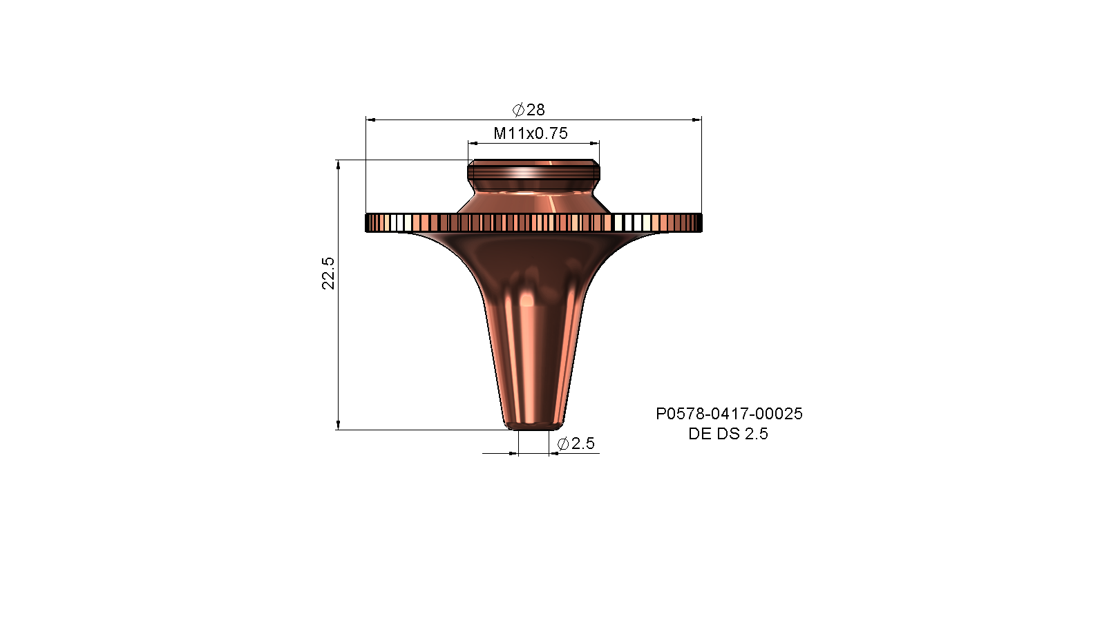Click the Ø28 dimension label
tap(529, 110)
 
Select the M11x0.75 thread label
tap(531, 133)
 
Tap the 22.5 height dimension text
tap(328, 273)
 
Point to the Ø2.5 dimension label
tap(576, 443)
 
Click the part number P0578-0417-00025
tap(729, 414)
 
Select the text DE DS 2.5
tap(728, 434)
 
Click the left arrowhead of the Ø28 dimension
tap(370, 120)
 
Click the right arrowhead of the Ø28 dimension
tap(697, 120)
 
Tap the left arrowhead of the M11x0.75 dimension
tap(473, 144)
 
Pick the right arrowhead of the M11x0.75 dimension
tap(594, 144)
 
